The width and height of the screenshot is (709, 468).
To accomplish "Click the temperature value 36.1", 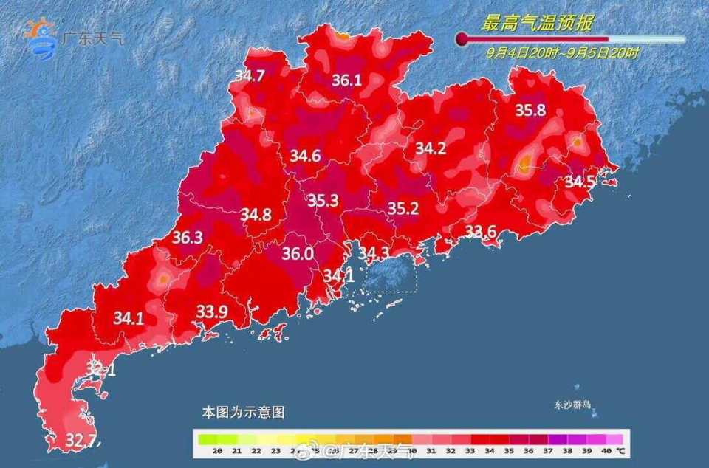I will point(347,80).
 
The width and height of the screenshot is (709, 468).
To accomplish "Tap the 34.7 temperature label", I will point(250,75).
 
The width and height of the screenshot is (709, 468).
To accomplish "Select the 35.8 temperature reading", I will point(530,111).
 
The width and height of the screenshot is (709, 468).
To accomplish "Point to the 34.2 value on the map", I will point(431,148).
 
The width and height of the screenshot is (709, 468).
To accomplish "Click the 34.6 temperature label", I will point(305,156).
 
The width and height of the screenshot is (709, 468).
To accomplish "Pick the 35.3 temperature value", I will point(323,200).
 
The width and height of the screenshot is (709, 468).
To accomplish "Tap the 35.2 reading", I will point(403,209).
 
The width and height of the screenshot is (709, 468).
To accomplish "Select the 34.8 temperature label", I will point(256,215).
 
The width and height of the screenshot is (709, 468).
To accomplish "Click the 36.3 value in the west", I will point(187,238).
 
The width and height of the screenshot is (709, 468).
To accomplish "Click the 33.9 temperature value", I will point(212,312).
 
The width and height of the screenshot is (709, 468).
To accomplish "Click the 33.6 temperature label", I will point(480,232).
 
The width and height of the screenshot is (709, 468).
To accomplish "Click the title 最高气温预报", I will point(537,24).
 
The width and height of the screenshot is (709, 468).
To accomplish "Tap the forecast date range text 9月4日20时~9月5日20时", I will point(563,52).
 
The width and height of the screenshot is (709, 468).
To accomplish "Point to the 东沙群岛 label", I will point(575,405).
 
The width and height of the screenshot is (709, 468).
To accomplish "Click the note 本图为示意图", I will point(243,413).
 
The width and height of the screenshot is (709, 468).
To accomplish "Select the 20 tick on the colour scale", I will point(218,450).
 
